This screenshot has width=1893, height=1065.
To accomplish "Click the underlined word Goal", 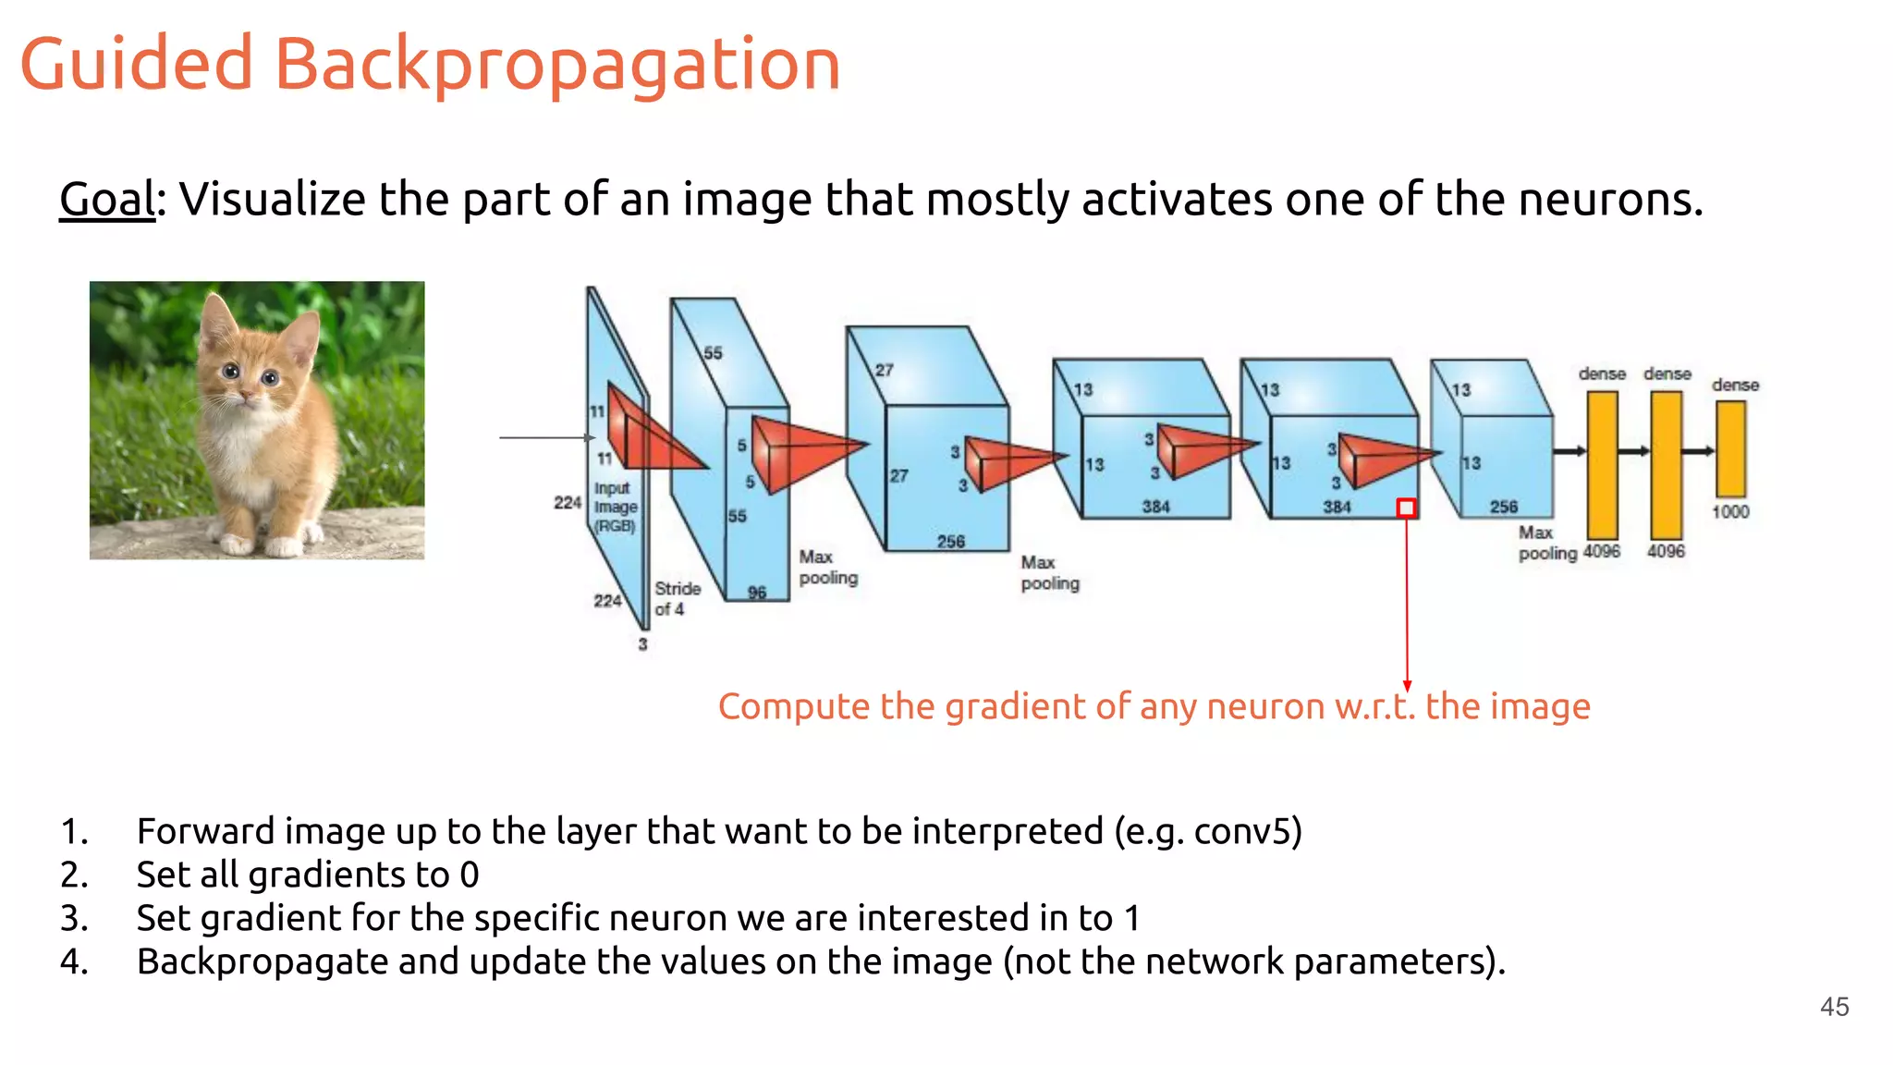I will pyautogui.click(x=107, y=200).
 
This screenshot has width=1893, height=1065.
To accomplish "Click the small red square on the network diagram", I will pyautogui.click(x=1406, y=508).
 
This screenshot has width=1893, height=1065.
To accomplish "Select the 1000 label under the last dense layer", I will pyautogui.click(x=1730, y=511).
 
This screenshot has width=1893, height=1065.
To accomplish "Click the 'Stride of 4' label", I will pyautogui.click(x=677, y=598).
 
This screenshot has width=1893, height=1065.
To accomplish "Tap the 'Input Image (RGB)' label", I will pyautogui.click(x=615, y=507).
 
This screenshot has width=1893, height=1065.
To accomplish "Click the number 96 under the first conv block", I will pyautogui.click(x=757, y=592).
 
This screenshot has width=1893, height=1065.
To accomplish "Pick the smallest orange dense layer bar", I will pyautogui.click(x=1730, y=449).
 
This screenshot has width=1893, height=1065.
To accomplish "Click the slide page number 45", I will pyautogui.click(x=1834, y=1006).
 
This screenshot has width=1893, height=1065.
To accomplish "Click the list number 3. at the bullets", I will pyautogui.click(x=74, y=918).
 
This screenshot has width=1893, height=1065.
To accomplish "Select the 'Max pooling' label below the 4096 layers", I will pyautogui.click(x=1546, y=543).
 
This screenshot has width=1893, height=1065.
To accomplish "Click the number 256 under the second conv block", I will pyautogui.click(x=950, y=541).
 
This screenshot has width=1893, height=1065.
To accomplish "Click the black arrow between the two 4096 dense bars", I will pyautogui.click(x=1634, y=451).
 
